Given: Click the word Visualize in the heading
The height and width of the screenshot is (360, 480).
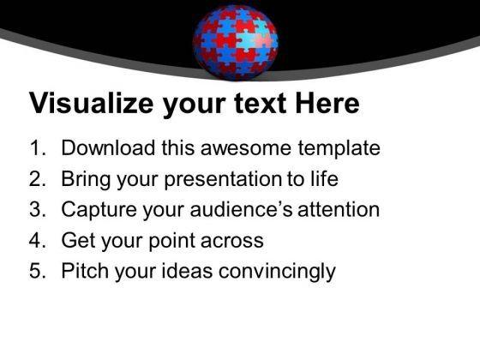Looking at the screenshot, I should [92, 105].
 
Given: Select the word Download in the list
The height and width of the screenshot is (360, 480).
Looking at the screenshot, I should [107, 148].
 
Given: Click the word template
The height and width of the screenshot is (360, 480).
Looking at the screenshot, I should [337, 148].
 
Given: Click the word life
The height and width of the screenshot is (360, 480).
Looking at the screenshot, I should [324, 179].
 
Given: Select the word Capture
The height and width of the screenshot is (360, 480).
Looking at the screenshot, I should [99, 210].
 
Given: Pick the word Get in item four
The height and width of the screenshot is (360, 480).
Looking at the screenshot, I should [78, 241].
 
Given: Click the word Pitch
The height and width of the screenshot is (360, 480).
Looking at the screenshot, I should [83, 272].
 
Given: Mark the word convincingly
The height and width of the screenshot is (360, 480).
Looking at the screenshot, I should [276, 272].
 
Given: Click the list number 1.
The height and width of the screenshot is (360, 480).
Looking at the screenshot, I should [37, 148].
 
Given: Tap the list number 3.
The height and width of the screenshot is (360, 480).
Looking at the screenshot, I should [37, 210].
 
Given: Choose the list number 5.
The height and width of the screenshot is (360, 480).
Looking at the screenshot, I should [37, 272].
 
